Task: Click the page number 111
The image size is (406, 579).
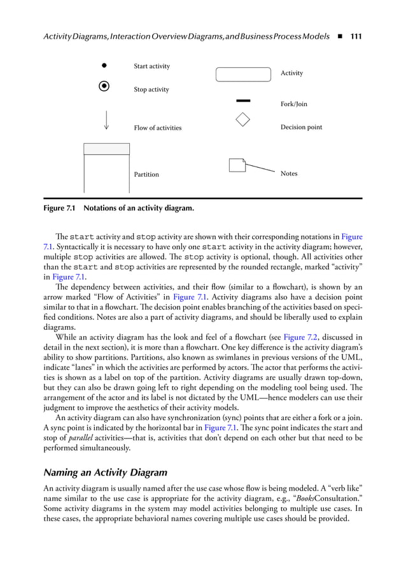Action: click(356, 37)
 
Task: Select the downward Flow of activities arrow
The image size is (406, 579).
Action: click(106, 119)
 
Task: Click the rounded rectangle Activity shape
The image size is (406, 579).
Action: click(243, 74)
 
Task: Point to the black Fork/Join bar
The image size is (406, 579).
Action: click(243, 100)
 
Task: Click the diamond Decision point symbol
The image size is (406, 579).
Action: click(242, 119)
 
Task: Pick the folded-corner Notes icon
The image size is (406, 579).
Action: click(237, 165)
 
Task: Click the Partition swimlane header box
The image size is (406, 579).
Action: click(106, 149)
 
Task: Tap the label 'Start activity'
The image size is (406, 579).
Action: click(151, 66)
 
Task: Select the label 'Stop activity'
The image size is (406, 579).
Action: click(151, 90)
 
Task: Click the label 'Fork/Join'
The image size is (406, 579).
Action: click(293, 104)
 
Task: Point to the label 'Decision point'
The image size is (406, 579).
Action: click(301, 127)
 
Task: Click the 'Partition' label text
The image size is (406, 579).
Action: click(146, 174)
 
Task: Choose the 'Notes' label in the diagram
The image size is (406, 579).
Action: click(288, 174)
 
